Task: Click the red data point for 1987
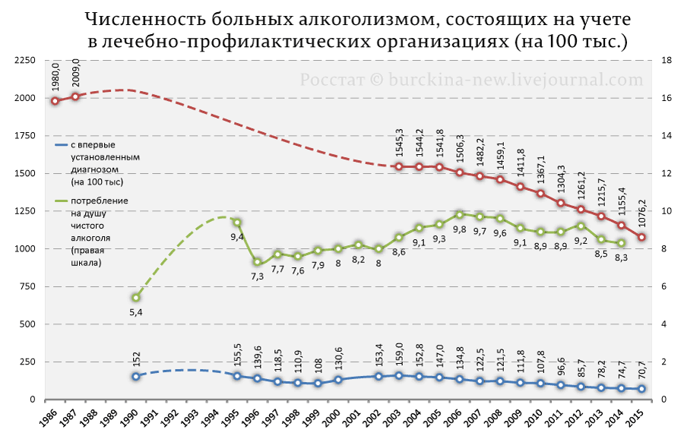(75, 96)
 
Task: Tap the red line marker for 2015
(641, 237)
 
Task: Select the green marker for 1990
(136, 298)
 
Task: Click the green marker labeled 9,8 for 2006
(459, 215)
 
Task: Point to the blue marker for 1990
(136, 376)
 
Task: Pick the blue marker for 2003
(398, 375)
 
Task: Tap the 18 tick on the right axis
(667, 61)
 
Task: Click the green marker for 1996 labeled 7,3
(258, 262)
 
